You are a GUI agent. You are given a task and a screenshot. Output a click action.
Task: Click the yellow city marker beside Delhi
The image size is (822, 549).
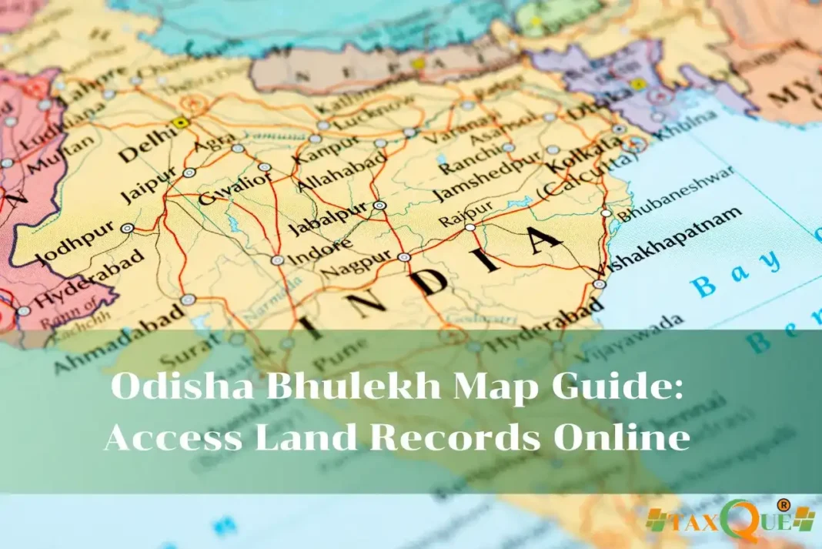pyautogui.click(x=182, y=122)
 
